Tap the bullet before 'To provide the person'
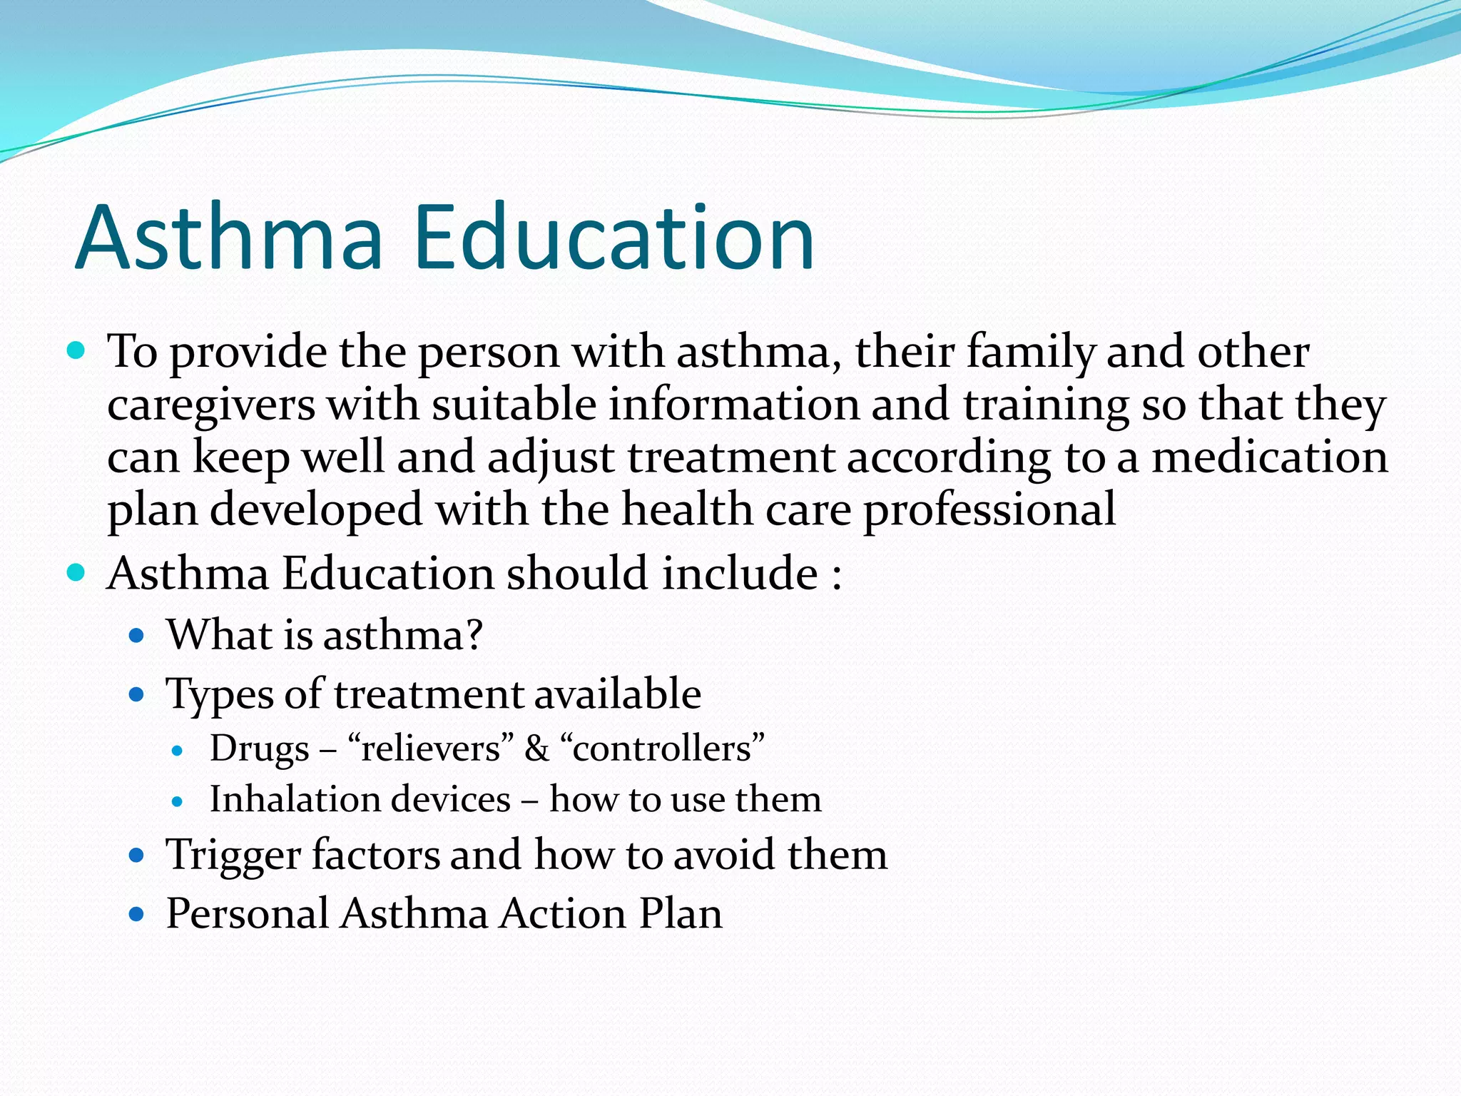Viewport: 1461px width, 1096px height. (x=76, y=351)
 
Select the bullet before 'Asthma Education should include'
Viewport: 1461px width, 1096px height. (x=76, y=572)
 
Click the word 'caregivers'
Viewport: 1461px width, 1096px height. (x=211, y=405)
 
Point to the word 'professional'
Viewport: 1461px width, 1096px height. (x=989, y=510)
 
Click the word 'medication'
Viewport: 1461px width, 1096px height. (x=1270, y=457)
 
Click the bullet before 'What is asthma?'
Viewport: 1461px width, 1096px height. (x=137, y=635)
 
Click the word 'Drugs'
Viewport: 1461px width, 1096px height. (x=260, y=749)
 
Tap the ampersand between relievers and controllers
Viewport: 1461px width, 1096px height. (x=536, y=749)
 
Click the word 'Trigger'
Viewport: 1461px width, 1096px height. (x=233, y=856)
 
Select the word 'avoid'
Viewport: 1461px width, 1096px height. (x=725, y=854)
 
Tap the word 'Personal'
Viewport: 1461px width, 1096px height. (x=248, y=913)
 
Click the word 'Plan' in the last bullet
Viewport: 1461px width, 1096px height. (x=681, y=913)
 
